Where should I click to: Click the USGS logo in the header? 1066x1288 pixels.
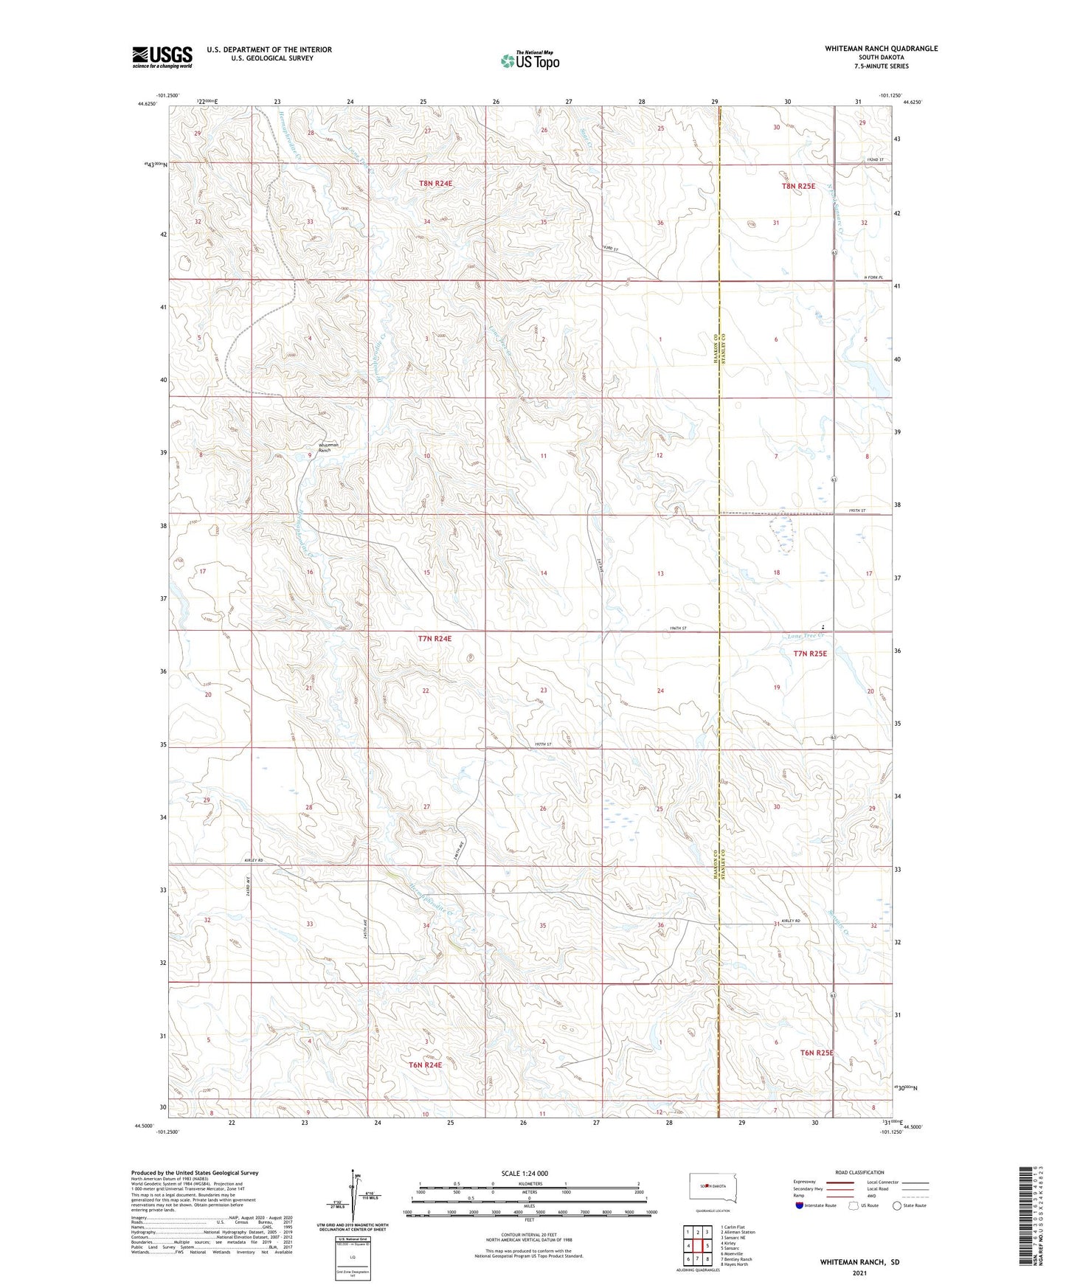pyautogui.click(x=162, y=57)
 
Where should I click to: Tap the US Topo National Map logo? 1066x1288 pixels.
pyautogui.click(x=529, y=60)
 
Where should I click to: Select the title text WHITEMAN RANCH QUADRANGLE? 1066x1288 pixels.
pyautogui.click(x=881, y=49)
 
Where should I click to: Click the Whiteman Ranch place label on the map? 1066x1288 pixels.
pyautogui.click(x=328, y=446)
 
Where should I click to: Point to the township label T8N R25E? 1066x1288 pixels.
pyautogui.click(x=798, y=187)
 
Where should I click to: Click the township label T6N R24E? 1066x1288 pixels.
pyautogui.click(x=425, y=1064)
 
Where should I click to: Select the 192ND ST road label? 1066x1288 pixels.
pyautogui.click(x=876, y=160)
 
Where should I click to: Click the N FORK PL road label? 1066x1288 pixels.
pyautogui.click(x=873, y=277)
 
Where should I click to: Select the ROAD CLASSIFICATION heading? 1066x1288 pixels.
pyautogui.click(x=860, y=1172)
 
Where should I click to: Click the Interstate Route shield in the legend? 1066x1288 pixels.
pyautogui.click(x=800, y=1205)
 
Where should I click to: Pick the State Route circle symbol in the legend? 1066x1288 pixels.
pyautogui.click(x=897, y=1205)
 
